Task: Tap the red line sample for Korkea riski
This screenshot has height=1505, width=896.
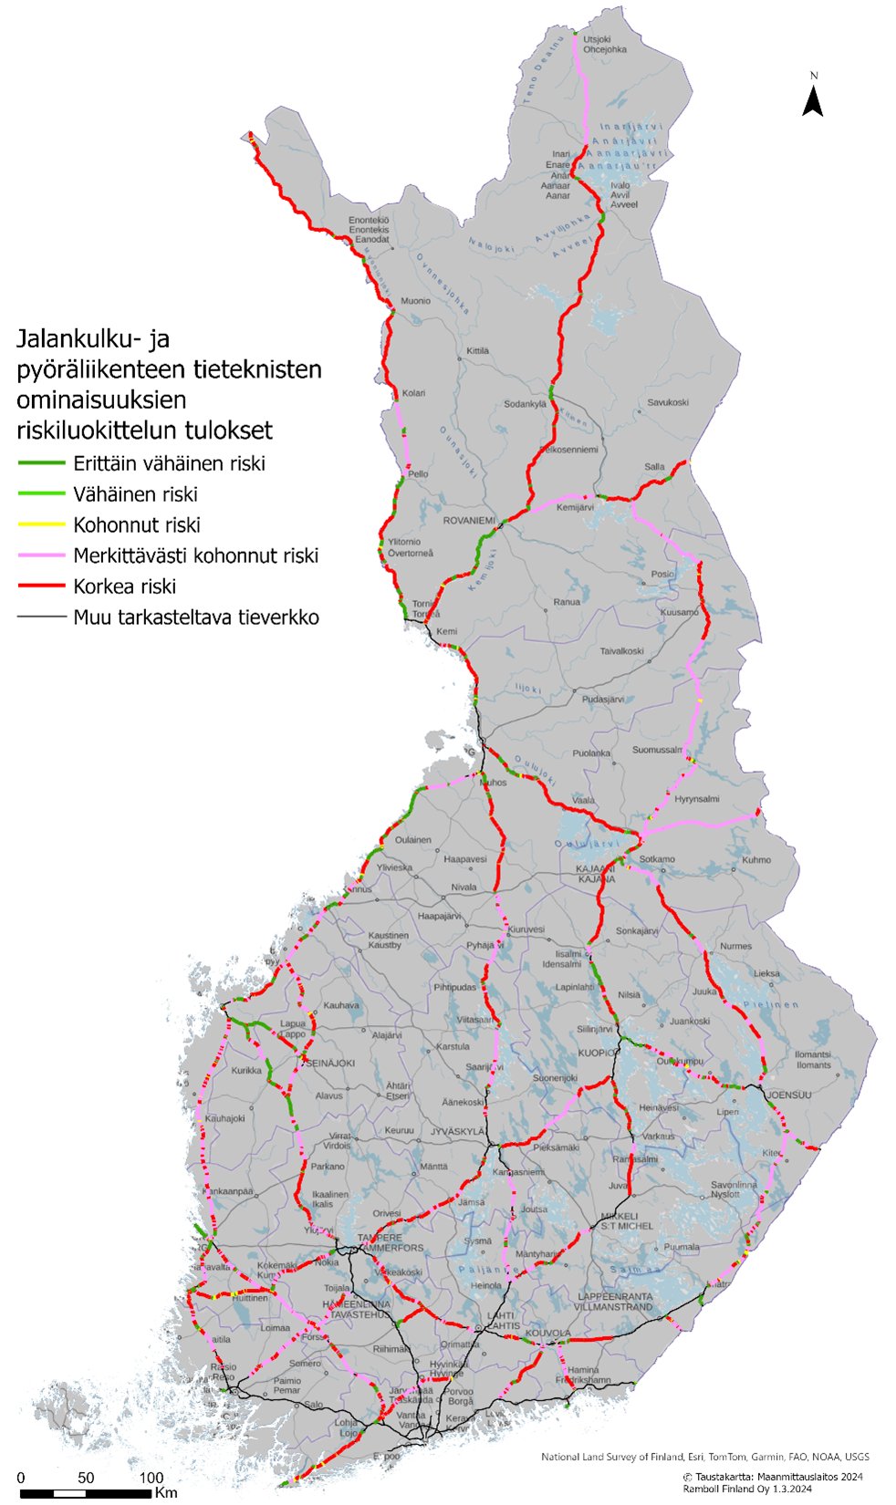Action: click(x=41, y=586)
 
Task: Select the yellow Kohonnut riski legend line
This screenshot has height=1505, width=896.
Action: click(x=41, y=525)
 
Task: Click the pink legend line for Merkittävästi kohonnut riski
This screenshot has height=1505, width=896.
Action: click(x=41, y=555)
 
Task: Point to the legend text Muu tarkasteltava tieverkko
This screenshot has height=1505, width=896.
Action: click(x=196, y=618)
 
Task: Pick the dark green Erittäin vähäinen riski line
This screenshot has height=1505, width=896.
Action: click(x=41, y=463)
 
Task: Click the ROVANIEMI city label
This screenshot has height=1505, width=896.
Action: click(x=468, y=521)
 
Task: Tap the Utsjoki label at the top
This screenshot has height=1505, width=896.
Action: click(x=596, y=40)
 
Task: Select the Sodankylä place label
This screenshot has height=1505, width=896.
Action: click(x=525, y=404)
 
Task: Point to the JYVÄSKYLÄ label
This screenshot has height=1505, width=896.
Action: click(x=457, y=1131)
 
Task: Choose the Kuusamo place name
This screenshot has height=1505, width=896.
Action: click(x=678, y=613)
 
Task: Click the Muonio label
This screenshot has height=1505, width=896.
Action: click(x=416, y=301)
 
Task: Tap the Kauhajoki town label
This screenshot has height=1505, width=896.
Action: click(x=224, y=1118)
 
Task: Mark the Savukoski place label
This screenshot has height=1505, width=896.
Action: click(x=667, y=402)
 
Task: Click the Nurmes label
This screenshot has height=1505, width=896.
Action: click(x=735, y=946)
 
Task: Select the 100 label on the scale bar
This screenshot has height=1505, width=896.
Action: click(x=151, y=1477)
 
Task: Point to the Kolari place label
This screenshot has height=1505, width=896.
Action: click(x=413, y=393)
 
